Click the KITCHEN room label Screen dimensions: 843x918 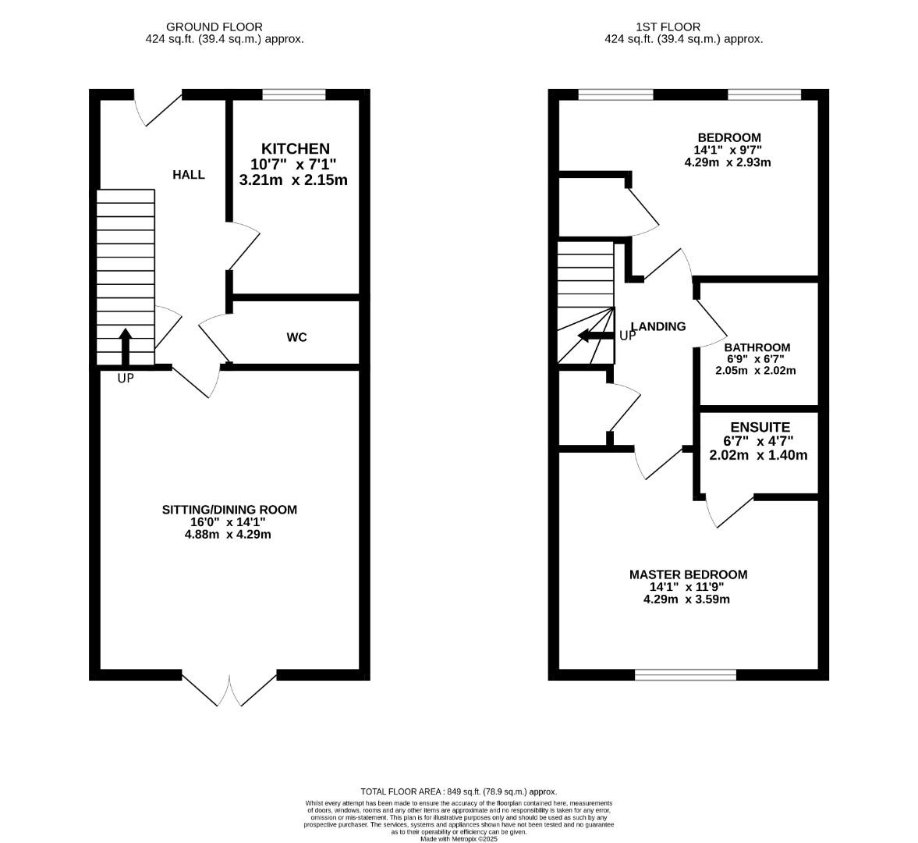[295, 148]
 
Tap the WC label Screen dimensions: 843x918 [296, 337]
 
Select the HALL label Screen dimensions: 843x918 [189, 174]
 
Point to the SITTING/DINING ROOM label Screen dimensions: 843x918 [229, 510]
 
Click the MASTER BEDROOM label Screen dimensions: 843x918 [688, 574]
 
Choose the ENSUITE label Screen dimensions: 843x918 [760, 427]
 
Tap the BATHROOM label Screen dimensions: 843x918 [757, 347]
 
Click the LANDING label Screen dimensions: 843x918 [658, 326]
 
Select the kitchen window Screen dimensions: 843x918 [294, 95]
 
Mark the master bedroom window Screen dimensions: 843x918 [686, 674]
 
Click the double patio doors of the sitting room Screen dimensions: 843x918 [230, 687]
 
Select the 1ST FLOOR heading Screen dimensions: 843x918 [684, 27]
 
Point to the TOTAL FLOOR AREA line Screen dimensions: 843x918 [459, 791]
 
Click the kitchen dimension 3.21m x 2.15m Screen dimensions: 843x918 [293, 180]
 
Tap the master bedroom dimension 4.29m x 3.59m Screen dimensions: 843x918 [686, 599]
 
